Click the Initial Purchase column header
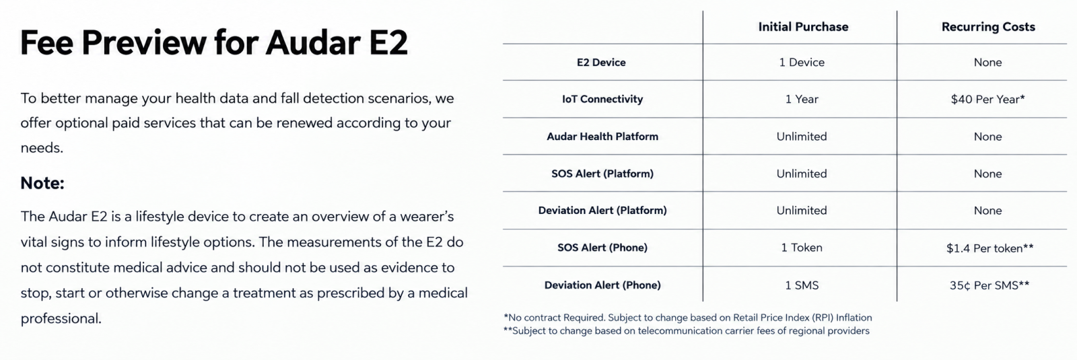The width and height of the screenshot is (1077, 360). click(803, 27)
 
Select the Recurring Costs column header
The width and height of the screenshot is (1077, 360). click(988, 27)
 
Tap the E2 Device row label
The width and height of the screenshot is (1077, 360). click(601, 63)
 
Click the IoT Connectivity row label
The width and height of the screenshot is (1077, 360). click(602, 99)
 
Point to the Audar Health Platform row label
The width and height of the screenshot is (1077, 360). click(602, 137)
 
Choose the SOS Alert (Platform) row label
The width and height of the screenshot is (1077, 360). click(602, 174)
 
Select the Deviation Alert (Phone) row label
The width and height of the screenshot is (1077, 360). click(602, 285)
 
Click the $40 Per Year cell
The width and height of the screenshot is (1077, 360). click(987, 100)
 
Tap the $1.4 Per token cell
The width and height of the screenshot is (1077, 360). click(989, 248)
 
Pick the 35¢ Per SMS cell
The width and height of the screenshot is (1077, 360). click(989, 285)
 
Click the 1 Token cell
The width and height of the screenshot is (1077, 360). click(802, 248)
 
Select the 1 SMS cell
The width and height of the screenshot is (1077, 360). click(802, 285)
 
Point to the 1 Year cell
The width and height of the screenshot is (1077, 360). click(802, 99)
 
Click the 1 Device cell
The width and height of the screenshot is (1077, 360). click(802, 63)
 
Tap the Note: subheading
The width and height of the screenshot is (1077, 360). click(42, 183)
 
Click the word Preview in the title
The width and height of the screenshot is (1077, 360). click(144, 42)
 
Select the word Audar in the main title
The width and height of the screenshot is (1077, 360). click(313, 42)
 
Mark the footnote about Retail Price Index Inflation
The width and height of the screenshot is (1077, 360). click(687, 318)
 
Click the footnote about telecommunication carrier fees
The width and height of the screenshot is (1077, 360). click(686, 330)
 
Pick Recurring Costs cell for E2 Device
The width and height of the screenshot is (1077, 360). click(987, 63)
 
